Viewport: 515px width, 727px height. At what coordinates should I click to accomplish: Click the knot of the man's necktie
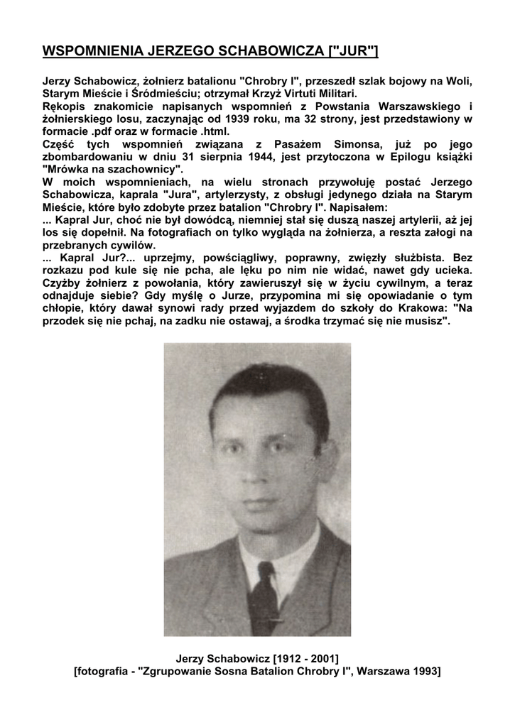(x=266, y=569)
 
